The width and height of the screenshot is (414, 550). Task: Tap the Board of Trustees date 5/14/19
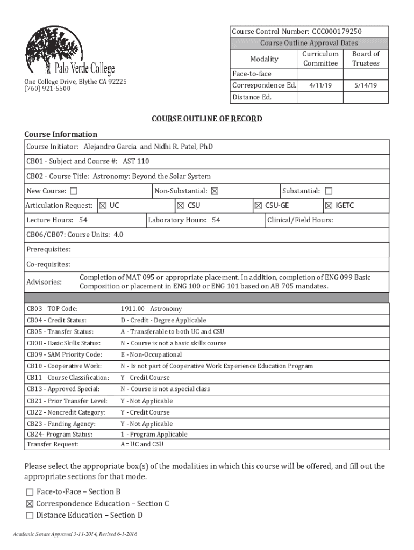point(365,85)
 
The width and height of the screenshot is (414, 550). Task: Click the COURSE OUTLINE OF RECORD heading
point(206,119)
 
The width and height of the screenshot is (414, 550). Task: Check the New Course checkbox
point(74,191)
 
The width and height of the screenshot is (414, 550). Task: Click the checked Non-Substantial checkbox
point(215,191)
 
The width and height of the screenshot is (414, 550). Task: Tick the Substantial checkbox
point(329,191)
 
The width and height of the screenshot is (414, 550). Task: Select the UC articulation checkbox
point(103,206)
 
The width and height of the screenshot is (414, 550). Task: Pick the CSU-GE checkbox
point(258,206)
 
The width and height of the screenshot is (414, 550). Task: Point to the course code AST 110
point(135,161)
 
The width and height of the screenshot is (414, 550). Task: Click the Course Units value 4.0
point(118,235)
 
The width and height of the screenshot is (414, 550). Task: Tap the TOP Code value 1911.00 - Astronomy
point(151,309)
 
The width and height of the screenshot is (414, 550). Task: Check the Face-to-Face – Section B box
point(30,492)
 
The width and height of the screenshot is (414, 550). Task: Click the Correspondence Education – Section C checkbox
point(30,504)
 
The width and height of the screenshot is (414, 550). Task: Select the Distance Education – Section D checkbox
point(30,516)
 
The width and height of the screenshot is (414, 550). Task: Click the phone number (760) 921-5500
point(47,89)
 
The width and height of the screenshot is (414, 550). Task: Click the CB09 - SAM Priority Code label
point(64,354)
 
